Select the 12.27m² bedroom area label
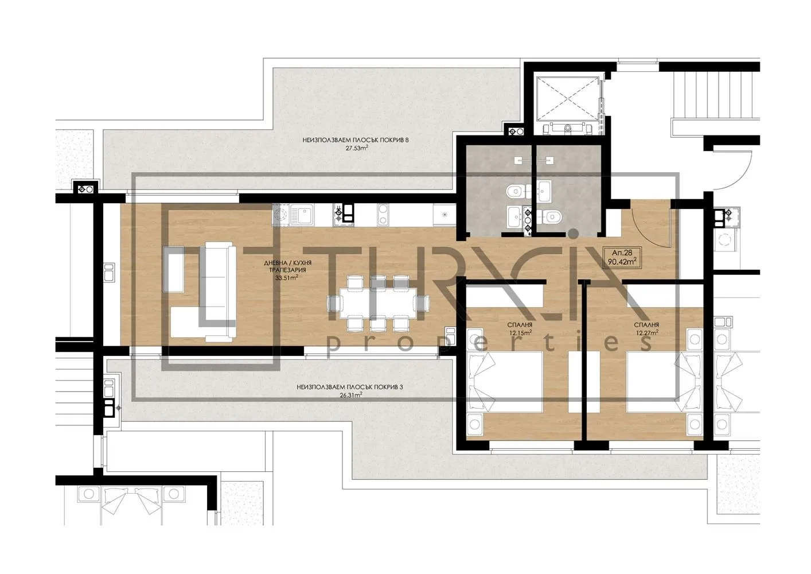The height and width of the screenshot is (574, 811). point(646,332)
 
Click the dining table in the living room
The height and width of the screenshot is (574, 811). point(378,303)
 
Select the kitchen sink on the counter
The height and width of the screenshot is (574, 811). point(301,215)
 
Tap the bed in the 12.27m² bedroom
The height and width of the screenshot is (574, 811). point(660,382)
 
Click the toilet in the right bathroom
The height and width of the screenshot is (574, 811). point(552,216)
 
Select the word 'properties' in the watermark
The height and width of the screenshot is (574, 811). point(488,343)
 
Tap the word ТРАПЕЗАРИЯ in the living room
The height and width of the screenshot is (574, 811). point(290,270)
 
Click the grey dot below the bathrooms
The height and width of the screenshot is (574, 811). point(572,233)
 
